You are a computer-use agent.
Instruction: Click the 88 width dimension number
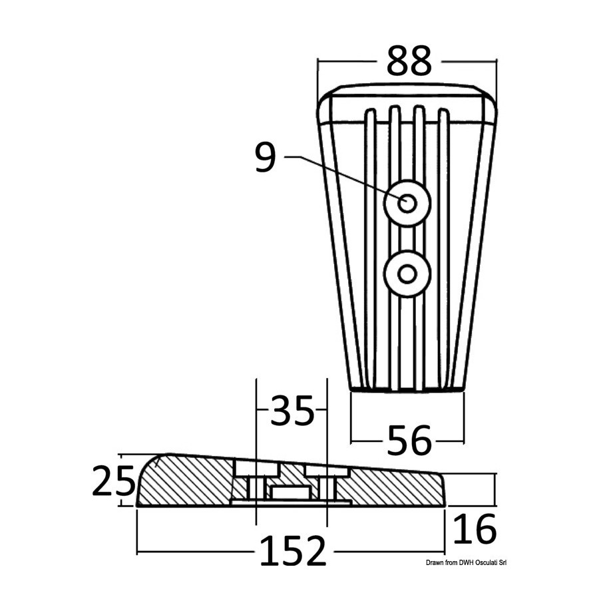[x=409, y=60]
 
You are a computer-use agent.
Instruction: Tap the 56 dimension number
[x=409, y=441]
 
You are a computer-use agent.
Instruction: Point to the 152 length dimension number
[x=293, y=550]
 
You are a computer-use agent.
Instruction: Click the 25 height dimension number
[x=114, y=480]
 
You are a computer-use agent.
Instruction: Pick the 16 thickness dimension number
[x=474, y=529]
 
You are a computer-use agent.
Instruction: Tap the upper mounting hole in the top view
[x=407, y=203]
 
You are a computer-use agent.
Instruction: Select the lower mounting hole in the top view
[x=407, y=274]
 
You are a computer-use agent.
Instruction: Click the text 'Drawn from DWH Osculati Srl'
[x=466, y=562]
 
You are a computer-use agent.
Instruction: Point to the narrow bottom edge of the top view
[x=407, y=389]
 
